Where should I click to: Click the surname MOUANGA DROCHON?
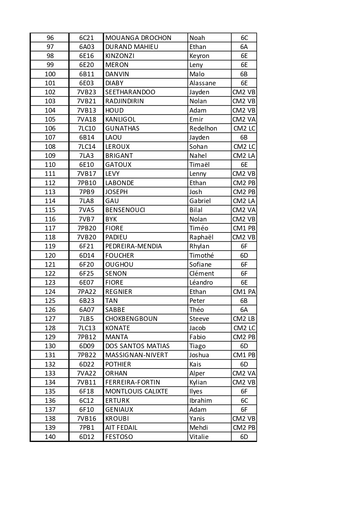pos(138,38)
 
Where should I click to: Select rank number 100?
pos(50,74)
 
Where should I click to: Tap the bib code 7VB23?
pos(86,92)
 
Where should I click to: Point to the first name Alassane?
pos(202,83)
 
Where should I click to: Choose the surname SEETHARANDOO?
pos(130,92)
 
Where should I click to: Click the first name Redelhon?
pos(203,128)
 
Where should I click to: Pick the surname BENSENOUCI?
pos(125,210)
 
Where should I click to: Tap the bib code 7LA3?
pos(86,156)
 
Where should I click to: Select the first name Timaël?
pos(199,165)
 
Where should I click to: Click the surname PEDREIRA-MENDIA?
pos(133,246)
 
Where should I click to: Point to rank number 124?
pos(50,292)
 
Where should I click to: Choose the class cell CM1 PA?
pos(244,292)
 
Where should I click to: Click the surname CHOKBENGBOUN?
pos(131,319)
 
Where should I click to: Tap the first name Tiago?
pos(197,346)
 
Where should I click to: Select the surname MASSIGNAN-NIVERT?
pos(137,355)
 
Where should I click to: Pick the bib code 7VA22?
pos(86,373)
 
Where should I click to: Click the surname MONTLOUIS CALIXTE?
pos(137,391)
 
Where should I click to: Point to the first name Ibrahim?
pos(200,400)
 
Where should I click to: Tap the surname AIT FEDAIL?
pos(121,427)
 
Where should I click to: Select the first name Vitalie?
pos(199,437)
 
